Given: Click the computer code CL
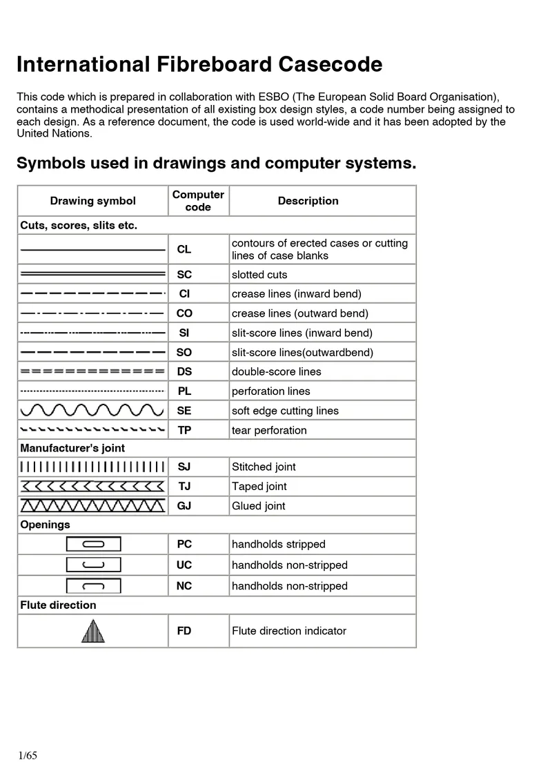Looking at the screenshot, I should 184,249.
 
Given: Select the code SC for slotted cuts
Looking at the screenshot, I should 184,275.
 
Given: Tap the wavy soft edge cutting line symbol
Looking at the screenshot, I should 92,411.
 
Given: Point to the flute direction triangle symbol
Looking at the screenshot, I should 92,631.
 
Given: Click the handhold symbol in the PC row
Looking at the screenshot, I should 93,544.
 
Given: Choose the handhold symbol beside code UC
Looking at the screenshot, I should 93,565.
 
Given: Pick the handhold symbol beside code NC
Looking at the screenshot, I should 93,586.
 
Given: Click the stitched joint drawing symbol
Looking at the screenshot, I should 92,467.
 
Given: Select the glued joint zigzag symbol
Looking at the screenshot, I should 92,505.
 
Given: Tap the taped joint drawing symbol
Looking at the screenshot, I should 92,486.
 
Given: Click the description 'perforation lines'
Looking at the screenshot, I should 270,391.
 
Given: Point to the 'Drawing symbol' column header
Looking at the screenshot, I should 92,201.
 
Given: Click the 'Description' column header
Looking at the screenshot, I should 308,201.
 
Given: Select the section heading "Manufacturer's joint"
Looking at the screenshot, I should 72,448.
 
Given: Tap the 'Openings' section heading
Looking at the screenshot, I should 45,525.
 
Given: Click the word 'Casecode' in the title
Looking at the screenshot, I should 330,65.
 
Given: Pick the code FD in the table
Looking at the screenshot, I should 184,631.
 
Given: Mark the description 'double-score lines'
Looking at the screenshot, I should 276,371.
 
